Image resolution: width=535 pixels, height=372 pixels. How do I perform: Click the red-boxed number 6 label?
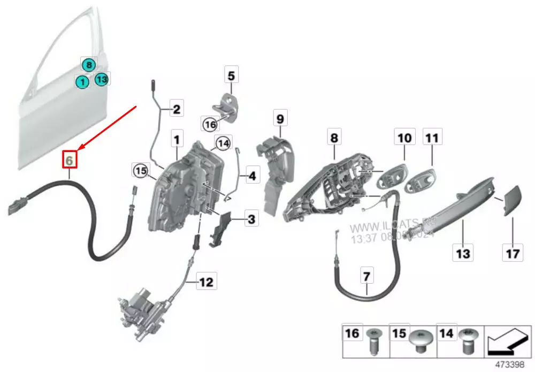71,160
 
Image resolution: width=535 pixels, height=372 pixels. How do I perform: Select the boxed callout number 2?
176,110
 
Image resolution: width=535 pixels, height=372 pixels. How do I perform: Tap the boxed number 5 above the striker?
231,75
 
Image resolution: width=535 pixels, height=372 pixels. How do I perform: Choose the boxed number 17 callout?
512,252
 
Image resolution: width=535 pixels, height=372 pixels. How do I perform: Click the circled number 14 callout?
223,143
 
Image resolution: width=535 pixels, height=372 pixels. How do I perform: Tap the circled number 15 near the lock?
140,171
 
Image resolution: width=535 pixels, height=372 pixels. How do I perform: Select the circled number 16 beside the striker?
210,124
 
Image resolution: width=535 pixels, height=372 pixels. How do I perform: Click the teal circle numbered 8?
88,64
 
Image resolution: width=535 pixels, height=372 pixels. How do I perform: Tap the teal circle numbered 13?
102,79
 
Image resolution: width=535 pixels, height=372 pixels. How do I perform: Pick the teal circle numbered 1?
82,82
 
